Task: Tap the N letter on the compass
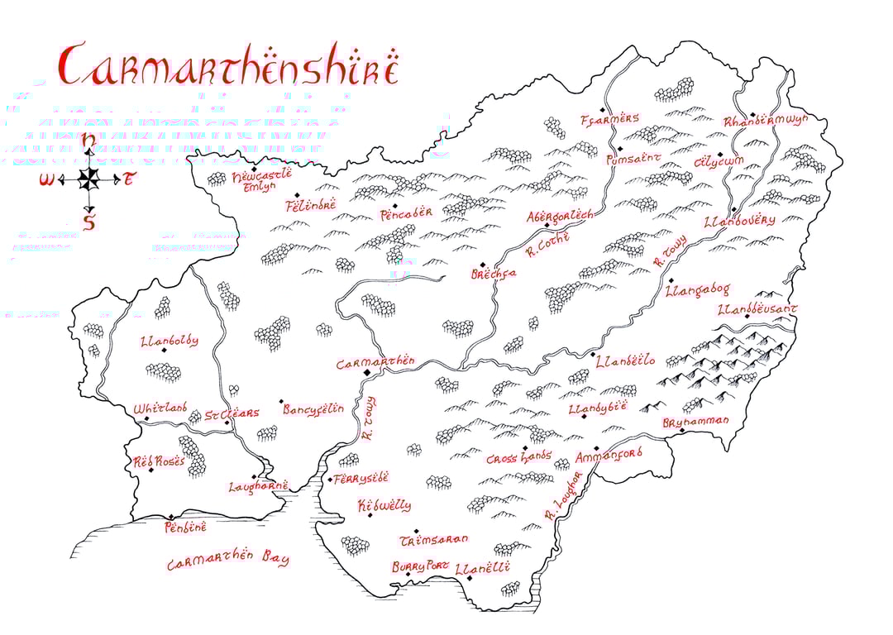88,141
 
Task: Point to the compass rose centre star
89,179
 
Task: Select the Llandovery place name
739,222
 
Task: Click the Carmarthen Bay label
228,562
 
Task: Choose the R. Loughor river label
563,496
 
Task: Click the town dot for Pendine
171,515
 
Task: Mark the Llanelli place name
483,567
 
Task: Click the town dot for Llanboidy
165,351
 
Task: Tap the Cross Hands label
518,458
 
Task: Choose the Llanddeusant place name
757,309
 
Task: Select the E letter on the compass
129,179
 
